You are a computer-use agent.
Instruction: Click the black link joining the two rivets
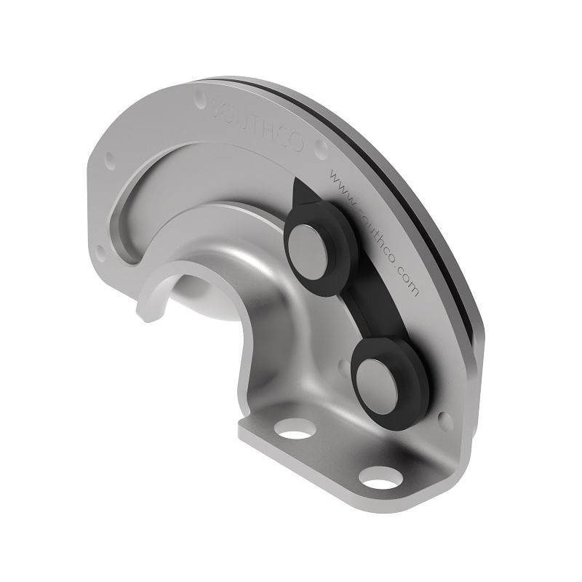[371, 309]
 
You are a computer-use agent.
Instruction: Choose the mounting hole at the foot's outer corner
[380, 477]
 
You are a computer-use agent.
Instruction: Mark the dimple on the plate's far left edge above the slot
[109, 161]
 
